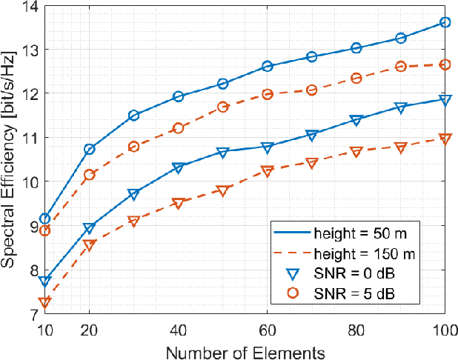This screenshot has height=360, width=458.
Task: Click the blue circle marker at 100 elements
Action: pos(445,22)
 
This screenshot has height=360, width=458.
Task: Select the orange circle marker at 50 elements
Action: pos(222,107)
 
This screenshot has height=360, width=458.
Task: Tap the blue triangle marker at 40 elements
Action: pos(178,168)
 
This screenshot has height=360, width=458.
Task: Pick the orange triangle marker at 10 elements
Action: pos(44,302)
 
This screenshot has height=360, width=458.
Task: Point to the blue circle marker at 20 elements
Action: pos(89,150)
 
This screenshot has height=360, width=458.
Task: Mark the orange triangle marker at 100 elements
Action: pos(445,139)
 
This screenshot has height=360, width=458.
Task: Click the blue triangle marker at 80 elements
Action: pos(356,120)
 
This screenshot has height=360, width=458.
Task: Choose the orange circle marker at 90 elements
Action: pos(400,66)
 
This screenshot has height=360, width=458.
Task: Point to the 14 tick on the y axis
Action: pos(30,6)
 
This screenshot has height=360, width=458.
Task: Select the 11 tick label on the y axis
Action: pos(30,138)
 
